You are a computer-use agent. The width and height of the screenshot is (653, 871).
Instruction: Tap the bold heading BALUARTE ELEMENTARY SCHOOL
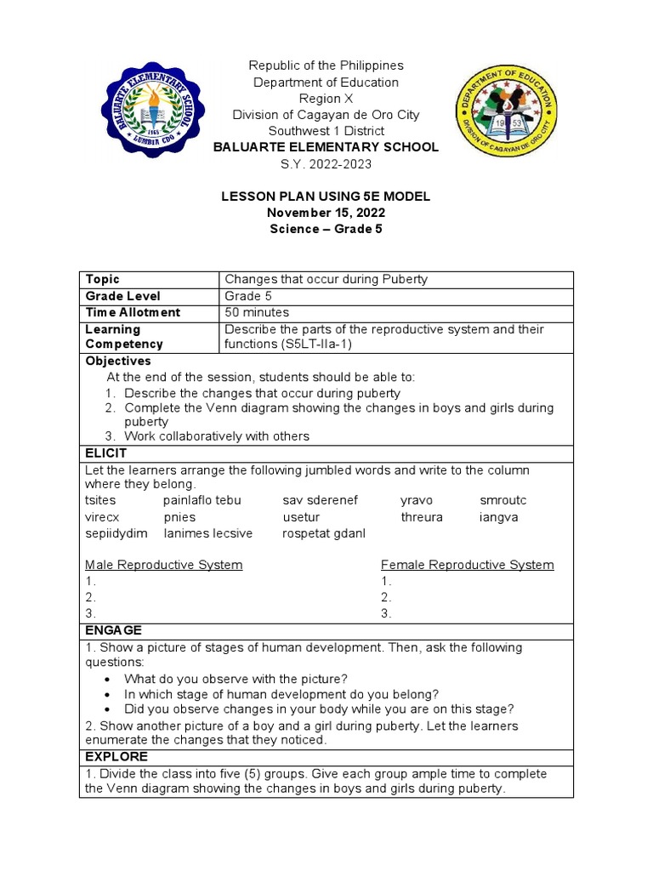click(326, 147)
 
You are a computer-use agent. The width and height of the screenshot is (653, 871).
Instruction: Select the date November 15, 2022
click(326, 213)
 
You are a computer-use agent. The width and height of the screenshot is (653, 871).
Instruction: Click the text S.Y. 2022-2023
click(326, 163)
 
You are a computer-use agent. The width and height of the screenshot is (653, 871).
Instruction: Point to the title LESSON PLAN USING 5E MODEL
click(326, 196)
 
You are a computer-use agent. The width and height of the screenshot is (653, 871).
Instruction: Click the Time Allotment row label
click(133, 312)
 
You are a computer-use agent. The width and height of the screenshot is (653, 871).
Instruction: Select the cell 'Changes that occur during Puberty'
click(326, 279)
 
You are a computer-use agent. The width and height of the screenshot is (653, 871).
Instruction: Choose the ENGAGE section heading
click(113, 630)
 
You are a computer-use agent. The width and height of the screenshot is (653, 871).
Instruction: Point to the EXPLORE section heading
click(116, 756)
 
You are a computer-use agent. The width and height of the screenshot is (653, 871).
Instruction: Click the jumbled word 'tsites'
click(100, 500)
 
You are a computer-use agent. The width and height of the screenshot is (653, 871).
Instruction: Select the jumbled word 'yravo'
click(417, 500)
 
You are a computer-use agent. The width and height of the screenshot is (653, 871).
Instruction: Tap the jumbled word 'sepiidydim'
click(116, 533)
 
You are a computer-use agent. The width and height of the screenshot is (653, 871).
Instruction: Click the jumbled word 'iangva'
click(498, 517)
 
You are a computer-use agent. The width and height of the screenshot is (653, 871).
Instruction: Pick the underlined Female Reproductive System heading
click(467, 565)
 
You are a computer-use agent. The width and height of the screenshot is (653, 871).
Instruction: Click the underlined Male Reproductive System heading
click(164, 565)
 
